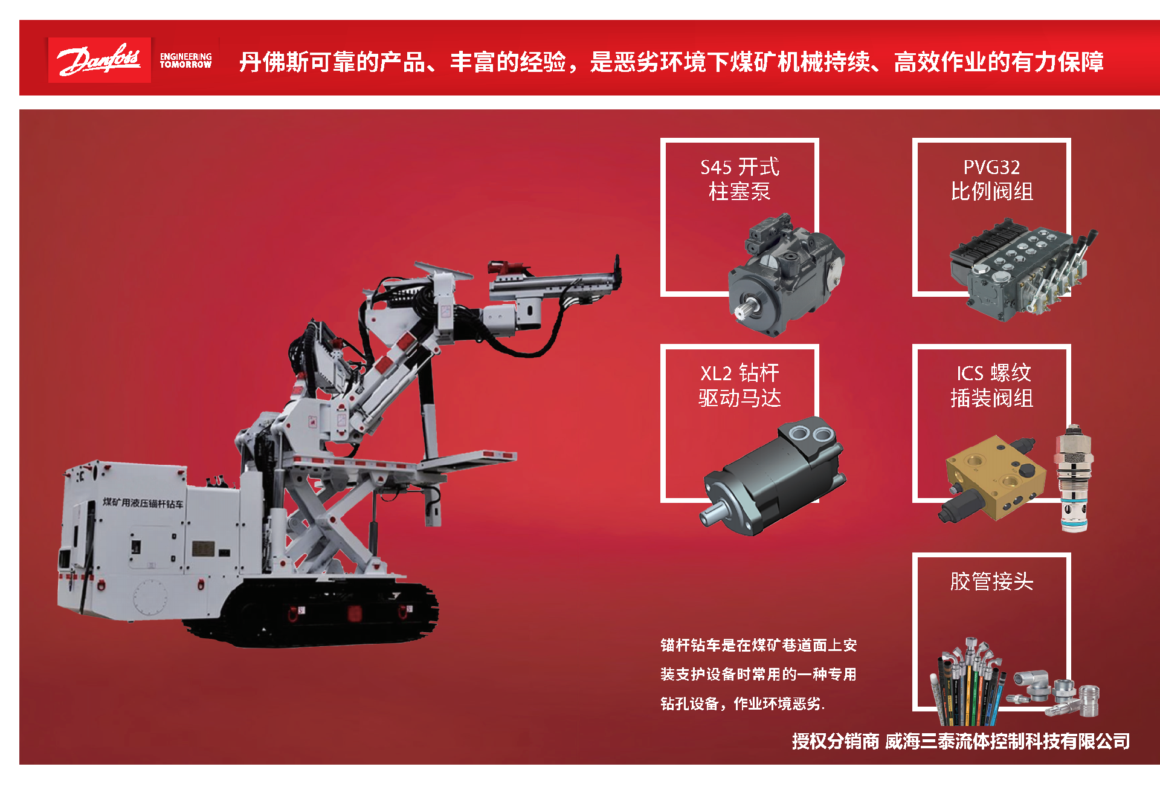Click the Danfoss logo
click(100, 60)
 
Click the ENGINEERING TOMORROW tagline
click(185, 60)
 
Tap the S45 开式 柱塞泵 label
click(739, 179)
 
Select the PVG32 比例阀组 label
click(991, 179)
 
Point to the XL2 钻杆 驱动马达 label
click(739, 385)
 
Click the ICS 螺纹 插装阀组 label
click(991, 385)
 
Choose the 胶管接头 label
click(991, 581)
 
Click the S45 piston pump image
click(786, 275)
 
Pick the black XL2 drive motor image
click(773, 476)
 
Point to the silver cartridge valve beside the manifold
click(1074, 478)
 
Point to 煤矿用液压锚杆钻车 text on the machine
click(143, 502)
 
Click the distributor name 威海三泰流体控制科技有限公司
click(1007, 741)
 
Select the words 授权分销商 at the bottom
click(835, 741)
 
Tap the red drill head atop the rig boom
click(507, 268)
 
